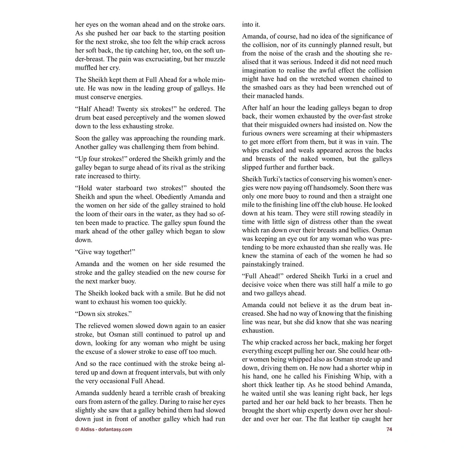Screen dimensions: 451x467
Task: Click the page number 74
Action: click(x=389, y=429)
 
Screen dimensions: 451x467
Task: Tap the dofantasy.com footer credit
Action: click(x=104, y=429)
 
